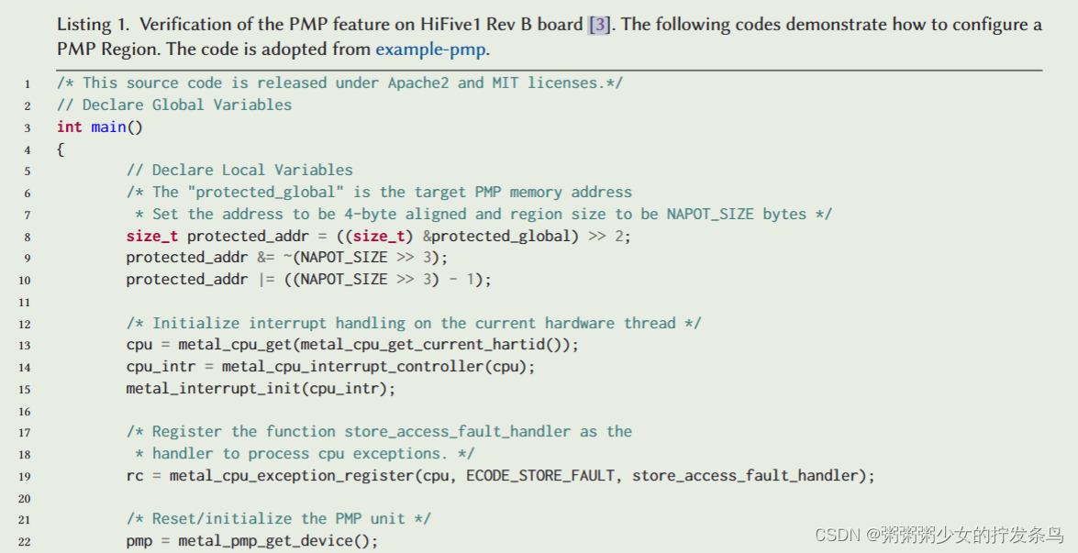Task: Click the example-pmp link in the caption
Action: click(x=431, y=49)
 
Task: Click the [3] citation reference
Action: click(x=598, y=25)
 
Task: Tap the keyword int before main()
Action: click(x=69, y=127)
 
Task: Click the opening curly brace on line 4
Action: click(x=61, y=149)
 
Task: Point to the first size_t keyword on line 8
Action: click(x=152, y=236)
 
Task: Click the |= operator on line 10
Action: click(x=266, y=279)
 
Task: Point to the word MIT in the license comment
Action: click(x=505, y=83)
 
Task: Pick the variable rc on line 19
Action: click(x=135, y=476)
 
